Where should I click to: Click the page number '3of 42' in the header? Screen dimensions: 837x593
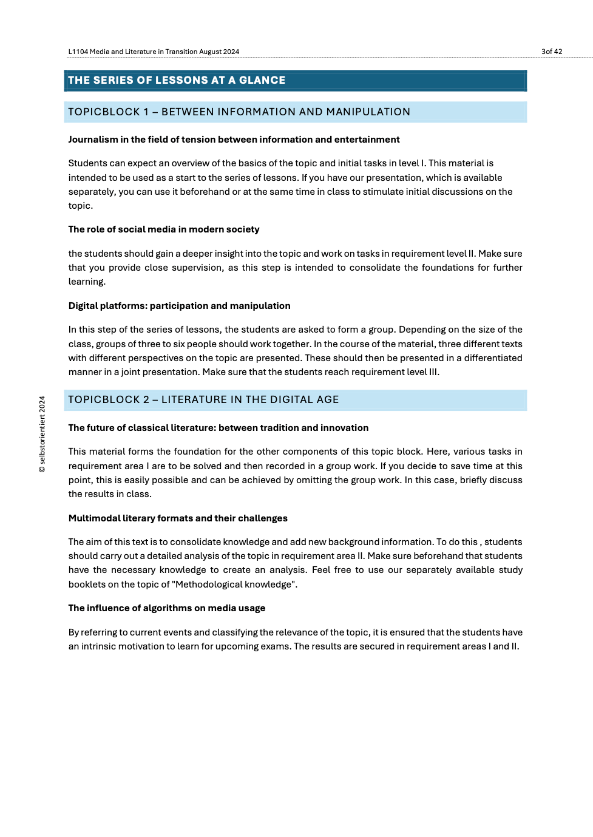point(551,52)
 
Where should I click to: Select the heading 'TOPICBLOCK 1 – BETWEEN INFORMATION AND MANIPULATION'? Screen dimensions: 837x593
point(239,112)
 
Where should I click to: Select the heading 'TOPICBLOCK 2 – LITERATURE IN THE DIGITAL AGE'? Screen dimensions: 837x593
point(203,399)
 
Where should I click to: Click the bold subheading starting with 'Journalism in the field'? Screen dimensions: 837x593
point(234,140)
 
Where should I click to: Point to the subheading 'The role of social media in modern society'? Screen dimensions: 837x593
point(163,229)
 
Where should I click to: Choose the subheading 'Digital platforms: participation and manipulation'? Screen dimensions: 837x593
point(179,306)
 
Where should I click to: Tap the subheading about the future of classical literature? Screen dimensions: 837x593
point(218,428)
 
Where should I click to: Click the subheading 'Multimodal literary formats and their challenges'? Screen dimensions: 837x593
point(177,518)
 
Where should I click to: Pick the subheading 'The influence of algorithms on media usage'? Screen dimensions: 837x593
point(166,608)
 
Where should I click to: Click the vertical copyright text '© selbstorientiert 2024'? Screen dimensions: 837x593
point(42,434)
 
